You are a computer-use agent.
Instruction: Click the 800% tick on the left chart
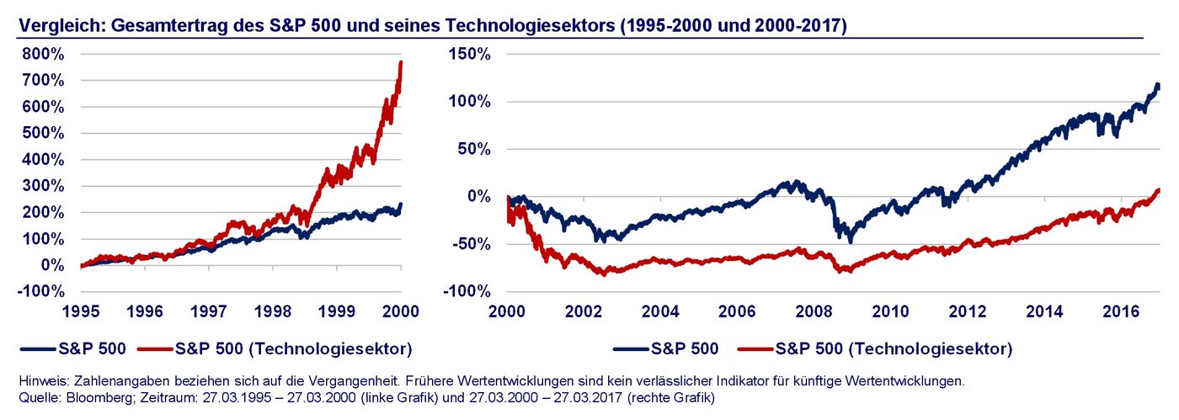[40, 53]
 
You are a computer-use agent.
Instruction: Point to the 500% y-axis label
[40, 133]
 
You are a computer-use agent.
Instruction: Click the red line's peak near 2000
[401, 61]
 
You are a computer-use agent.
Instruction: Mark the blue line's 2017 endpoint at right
[1159, 85]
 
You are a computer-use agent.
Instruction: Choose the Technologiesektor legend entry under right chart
[893, 348]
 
